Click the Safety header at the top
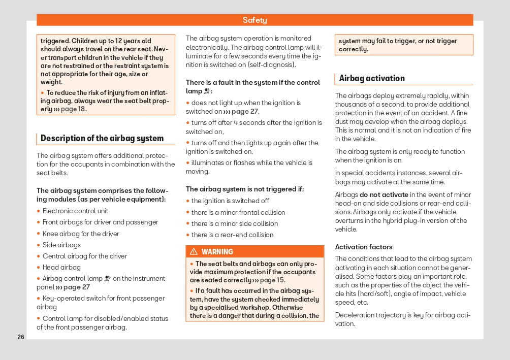click(x=254, y=20)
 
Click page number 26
click(x=21, y=337)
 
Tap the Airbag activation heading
click(x=372, y=78)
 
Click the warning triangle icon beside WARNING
click(x=194, y=252)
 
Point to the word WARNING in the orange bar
click(x=217, y=252)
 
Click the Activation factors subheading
click(x=364, y=247)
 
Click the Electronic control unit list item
click(x=75, y=211)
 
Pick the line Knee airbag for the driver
click(x=81, y=234)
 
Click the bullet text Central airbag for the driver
click(x=85, y=256)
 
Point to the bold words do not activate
click(x=384, y=194)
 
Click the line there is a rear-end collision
click(x=232, y=235)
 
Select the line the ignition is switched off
click(x=230, y=201)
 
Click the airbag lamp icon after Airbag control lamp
click(x=107, y=279)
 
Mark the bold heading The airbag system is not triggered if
click(x=245, y=189)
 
